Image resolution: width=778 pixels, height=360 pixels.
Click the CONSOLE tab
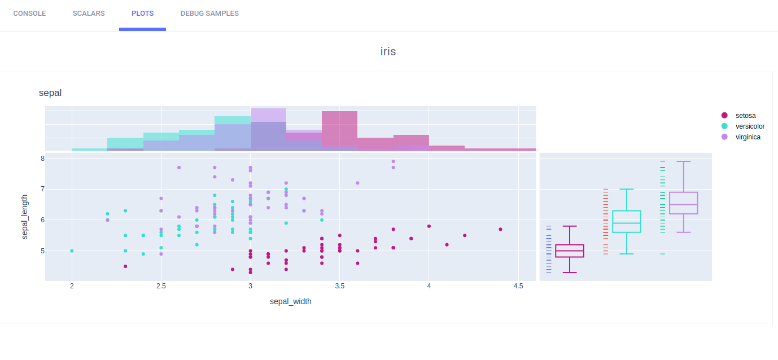29,14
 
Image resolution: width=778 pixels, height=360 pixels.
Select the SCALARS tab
89,14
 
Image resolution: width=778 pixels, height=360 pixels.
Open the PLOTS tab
142,14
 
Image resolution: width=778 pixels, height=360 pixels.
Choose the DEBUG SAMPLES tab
209,14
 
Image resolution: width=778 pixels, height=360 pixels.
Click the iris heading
388,51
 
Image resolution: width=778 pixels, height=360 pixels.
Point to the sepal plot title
50,93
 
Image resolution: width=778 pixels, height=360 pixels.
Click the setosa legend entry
745,116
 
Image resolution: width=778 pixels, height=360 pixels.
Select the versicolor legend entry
750,126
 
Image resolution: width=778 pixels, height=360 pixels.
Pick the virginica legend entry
748,137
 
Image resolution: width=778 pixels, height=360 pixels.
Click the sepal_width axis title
291,301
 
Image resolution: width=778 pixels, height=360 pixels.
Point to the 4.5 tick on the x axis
518,287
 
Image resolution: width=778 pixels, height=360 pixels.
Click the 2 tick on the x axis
72,287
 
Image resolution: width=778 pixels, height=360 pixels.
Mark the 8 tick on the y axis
42,159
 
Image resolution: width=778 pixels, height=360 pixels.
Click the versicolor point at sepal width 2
72,251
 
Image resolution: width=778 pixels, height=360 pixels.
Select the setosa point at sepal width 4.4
501,229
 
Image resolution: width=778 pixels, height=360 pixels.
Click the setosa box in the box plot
570,251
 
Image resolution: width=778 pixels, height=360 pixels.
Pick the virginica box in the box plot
684,203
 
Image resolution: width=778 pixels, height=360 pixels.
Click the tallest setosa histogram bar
339,130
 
